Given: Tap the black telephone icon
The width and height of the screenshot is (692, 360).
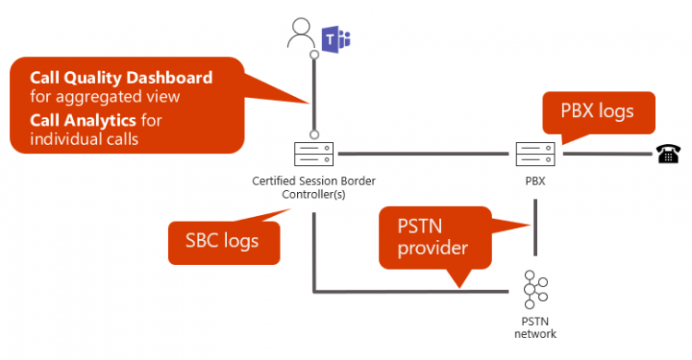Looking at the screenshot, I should (667, 153).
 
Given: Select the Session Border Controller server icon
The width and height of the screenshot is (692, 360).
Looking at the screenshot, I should (314, 152).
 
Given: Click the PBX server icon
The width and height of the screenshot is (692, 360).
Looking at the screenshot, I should (533, 152).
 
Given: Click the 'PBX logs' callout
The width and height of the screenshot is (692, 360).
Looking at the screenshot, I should (598, 113).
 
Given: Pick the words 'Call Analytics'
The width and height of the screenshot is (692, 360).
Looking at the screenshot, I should (78, 120).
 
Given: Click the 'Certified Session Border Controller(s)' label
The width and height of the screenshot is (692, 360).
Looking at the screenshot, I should (314, 187).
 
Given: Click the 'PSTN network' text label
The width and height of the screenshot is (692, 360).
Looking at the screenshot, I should (532, 328).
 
